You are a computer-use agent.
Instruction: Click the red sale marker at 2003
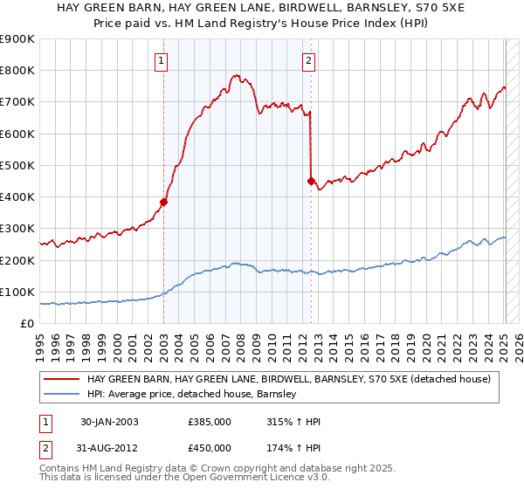tap(163, 202)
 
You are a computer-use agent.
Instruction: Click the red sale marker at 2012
tap(311, 181)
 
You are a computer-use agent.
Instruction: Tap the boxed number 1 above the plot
tap(163, 61)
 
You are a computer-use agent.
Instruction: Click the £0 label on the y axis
tap(26, 323)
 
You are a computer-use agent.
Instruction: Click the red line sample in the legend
tap(63, 380)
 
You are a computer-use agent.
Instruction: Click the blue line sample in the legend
tap(63, 395)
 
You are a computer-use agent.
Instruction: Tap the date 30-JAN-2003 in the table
tap(109, 422)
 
